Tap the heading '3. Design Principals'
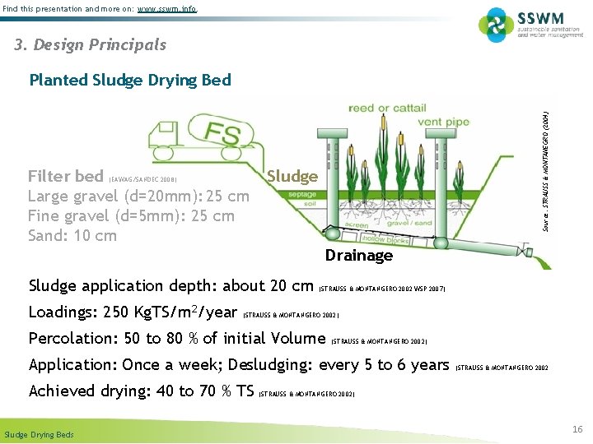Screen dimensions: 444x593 click(x=90, y=45)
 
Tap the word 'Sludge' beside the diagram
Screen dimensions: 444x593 click(x=292, y=176)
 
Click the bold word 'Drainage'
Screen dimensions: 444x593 click(x=358, y=256)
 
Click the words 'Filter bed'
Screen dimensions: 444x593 click(x=66, y=177)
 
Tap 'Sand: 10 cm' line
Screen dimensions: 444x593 click(x=72, y=236)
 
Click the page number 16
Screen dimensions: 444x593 click(x=577, y=429)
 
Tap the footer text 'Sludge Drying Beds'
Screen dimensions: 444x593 click(x=39, y=434)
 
